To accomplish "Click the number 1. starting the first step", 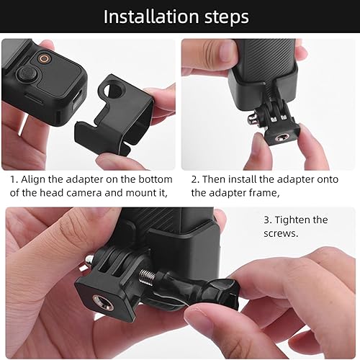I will [x=14, y=179].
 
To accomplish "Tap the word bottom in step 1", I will [x=154, y=179].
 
